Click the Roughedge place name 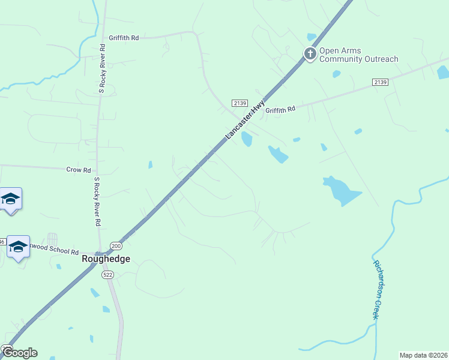pyautogui.click(x=106, y=259)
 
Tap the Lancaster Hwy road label pyautogui.click(x=246, y=121)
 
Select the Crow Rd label pyautogui.click(x=79, y=170)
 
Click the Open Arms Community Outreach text pyautogui.click(x=358, y=55)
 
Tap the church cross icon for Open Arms pyautogui.click(x=310, y=54)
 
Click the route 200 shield pyautogui.click(x=116, y=247)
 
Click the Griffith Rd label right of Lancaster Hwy pyautogui.click(x=281, y=110)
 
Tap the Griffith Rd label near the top pyautogui.click(x=124, y=38)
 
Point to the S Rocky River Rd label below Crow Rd pyautogui.click(x=97, y=201)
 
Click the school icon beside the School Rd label pyautogui.click(x=18, y=246)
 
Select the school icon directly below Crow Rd pyautogui.click(x=10, y=198)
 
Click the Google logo pyautogui.click(x=19, y=353)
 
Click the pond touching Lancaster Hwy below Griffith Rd pyautogui.click(x=246, y=139)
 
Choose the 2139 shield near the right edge pyautogui.click(x=380, y=82)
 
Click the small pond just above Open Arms pyautogui.click(x=311, y=37)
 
